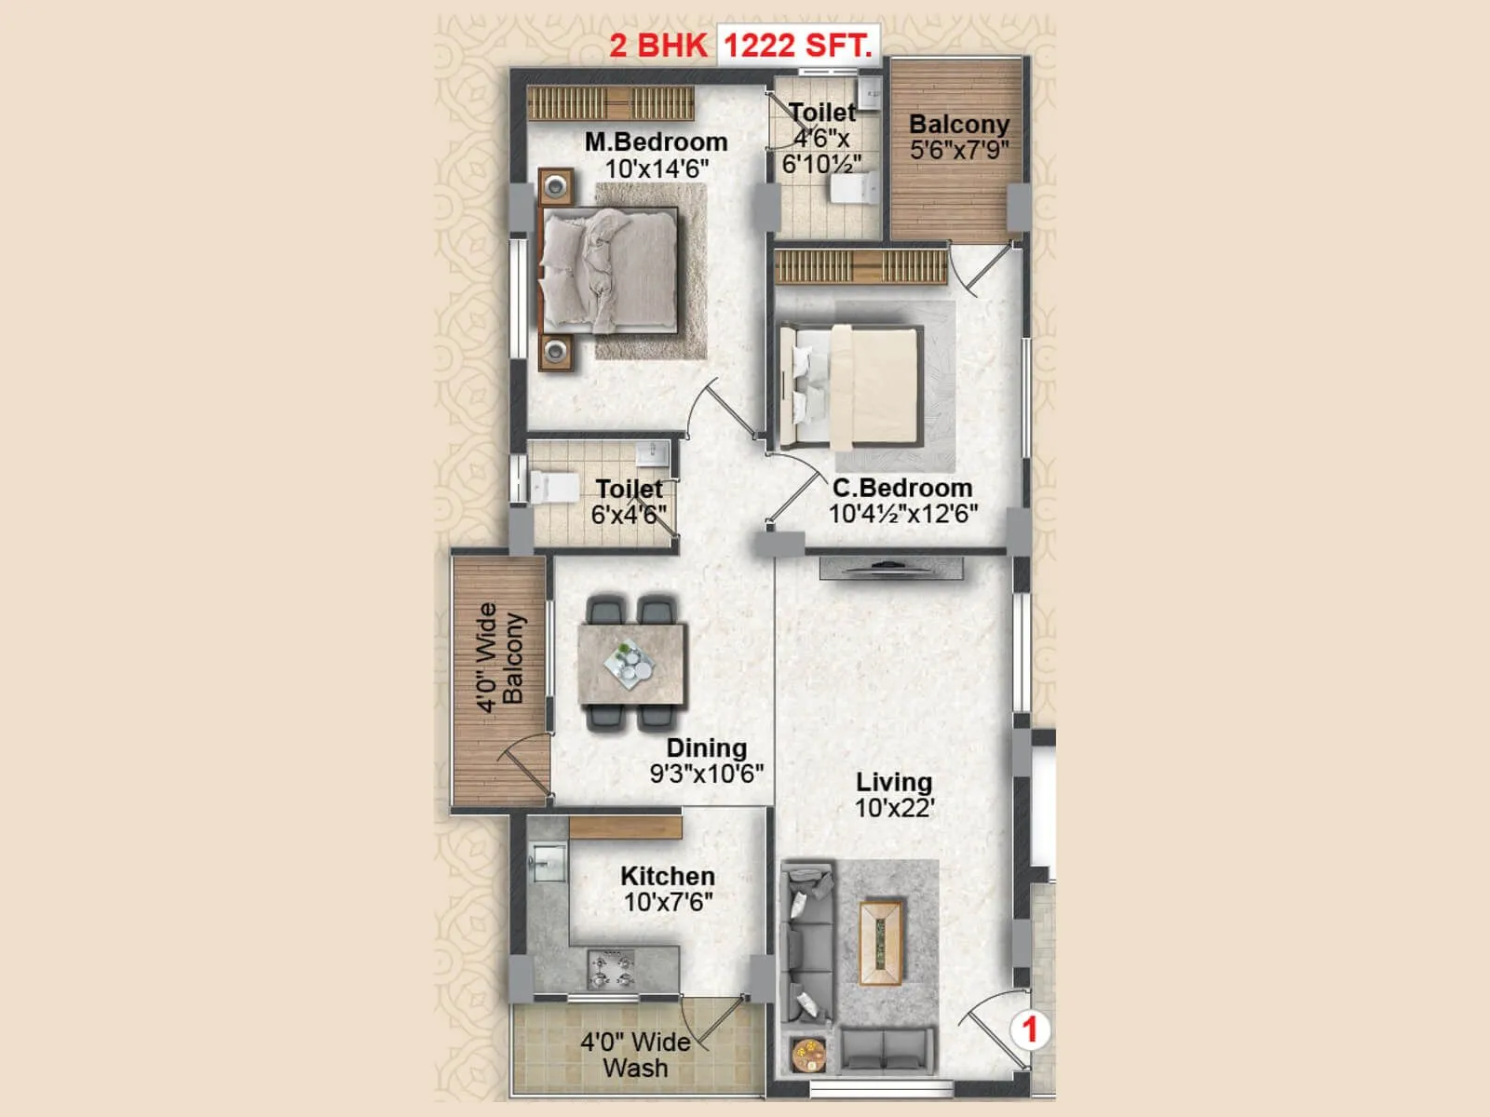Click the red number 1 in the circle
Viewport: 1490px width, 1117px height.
click(1030, 1030)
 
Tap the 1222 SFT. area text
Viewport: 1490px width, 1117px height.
click(797, 45)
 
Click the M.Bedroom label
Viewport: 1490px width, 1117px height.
click(656, 142)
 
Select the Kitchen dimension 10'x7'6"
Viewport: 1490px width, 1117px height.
click(668, 902)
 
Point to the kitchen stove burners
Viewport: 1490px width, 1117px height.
click(610, 968)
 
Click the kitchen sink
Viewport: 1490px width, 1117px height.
click(548, 862)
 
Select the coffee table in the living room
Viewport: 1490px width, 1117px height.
click(880, 941)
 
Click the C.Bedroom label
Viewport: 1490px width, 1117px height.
click(901, 487)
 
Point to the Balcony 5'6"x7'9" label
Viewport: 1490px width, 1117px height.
click(958, 137)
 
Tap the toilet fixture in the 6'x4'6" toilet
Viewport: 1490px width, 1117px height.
click(553, 486)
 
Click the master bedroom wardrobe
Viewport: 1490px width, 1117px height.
click(611, 102)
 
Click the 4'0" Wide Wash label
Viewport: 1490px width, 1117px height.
click(635, 1055)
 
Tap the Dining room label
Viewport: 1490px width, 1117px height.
click(706, 747)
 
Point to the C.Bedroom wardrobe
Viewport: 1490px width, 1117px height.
click(860, 266)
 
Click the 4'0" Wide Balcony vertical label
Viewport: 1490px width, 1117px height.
click(500, 656)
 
